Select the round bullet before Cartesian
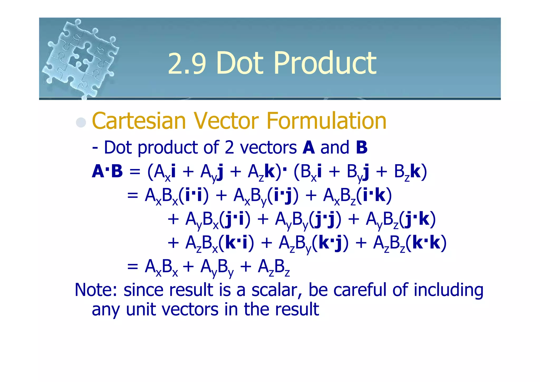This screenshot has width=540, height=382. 81,122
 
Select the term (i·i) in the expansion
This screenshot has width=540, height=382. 194,196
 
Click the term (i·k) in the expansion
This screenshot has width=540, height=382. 374,196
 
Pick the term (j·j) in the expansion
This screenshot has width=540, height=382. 325,219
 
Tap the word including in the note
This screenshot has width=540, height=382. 448,290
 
